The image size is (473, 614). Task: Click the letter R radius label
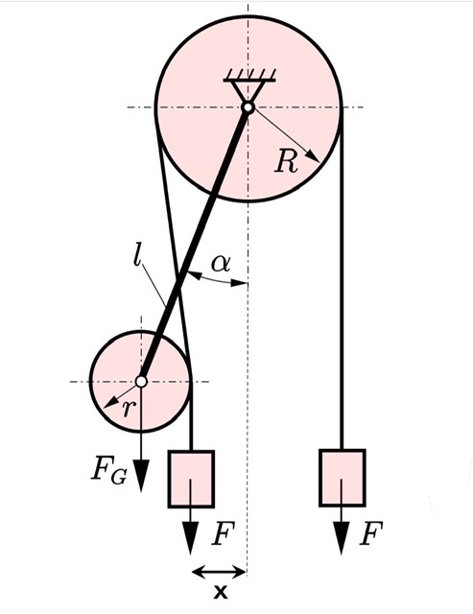coord(286,161)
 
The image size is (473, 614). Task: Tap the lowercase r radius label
coord(128,410)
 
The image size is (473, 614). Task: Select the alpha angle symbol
coord(221,264)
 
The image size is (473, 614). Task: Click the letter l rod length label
coord(136,256)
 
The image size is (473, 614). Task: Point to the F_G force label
coord(108,474)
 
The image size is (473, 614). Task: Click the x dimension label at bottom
coord(221,591)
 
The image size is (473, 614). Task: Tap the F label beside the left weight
coord(223,533)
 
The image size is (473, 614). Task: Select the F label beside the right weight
coord(370,533)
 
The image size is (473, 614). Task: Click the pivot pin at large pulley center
coord(248,106)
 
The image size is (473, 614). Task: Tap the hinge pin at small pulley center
coord(141,381)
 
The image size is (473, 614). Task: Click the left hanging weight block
coord(191,479)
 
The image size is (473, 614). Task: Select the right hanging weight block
coord(343,478)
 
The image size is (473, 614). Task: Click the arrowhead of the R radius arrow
coord(314,156)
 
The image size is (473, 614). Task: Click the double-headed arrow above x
coord(220,572)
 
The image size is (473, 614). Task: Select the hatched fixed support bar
coord(249,77)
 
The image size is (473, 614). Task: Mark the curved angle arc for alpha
coord(218,280)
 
